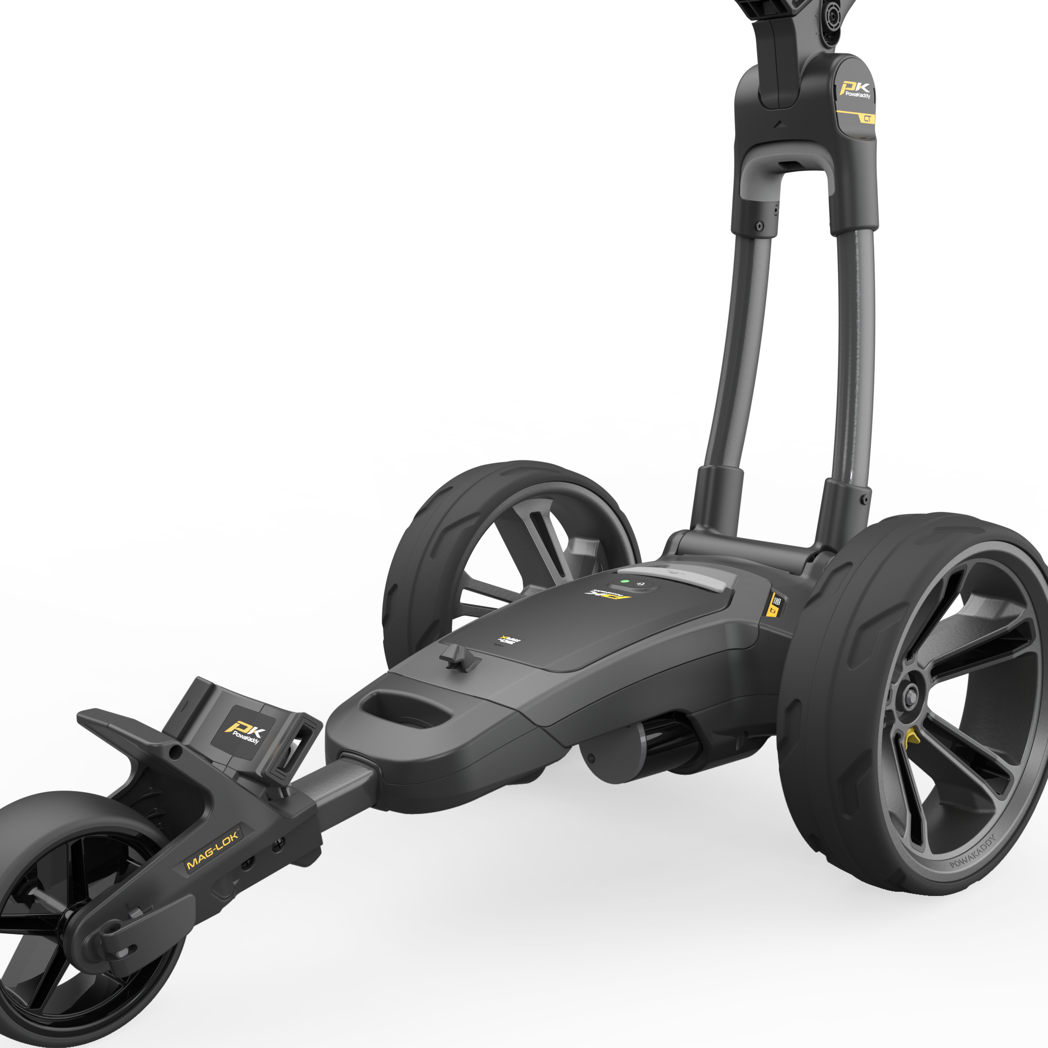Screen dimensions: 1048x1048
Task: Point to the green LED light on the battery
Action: coord(625,582)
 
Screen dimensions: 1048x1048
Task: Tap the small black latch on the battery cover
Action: coord(459,658)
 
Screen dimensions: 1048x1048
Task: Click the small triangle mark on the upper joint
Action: coord(780,124)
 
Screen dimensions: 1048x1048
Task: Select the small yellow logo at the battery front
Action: coord(509,640)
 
